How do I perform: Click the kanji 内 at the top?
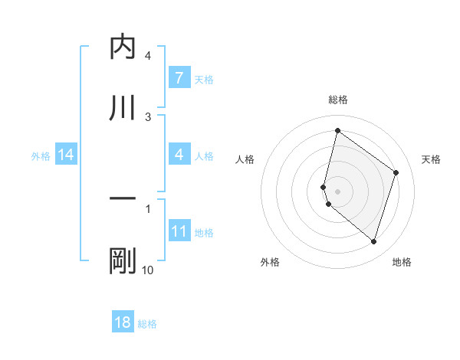[123, 47]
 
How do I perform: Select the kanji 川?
[123, 108]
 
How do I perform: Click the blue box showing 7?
[179, 78]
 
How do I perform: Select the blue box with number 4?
[179, 155]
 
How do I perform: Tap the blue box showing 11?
[179, 231]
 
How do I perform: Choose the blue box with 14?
[66, 155]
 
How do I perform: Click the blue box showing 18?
[123, 322]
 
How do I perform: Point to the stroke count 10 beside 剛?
[148, 270]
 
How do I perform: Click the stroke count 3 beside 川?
[148, 116]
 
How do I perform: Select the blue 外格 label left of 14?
[41, 155]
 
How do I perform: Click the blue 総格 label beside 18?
[147, 323]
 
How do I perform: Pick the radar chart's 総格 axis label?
[337, 100]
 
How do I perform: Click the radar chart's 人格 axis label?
[245, 159]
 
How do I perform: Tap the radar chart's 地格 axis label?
[402, 262]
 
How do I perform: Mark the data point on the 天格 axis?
[396, 172]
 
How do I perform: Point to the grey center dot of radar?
[337, 191]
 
